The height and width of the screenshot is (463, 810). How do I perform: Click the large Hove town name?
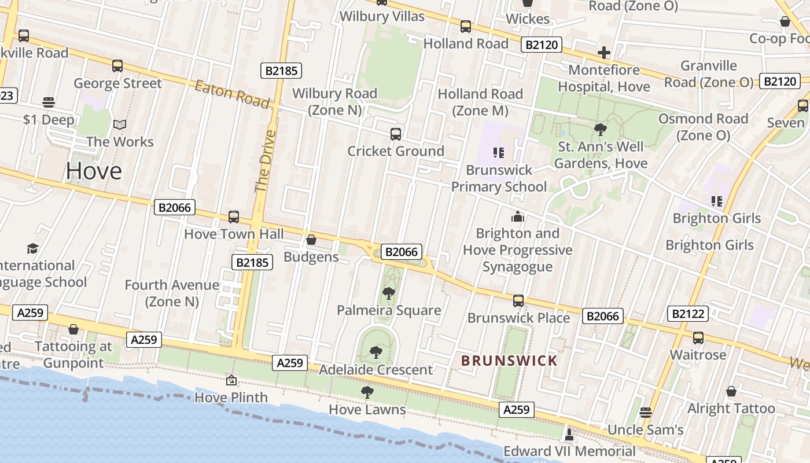pyautogui.click(x=94, y=171)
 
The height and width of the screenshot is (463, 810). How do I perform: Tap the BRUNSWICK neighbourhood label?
pyautogui.click(x=509, y=361)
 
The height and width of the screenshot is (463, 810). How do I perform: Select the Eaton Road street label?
pyautogui.click(x=232, y=95)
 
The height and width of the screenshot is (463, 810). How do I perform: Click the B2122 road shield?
pyautogui.click(x=687, y=314)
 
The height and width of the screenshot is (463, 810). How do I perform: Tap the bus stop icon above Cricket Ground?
pyautogui.click(x=396, y=134)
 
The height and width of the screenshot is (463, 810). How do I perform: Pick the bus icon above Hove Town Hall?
pyautogui.click(x=234, y=217)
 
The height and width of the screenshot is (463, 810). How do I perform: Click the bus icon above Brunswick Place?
pyautogui.click(x=518, y=301)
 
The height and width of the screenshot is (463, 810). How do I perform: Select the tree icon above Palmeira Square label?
pyautogui.click(x=389, y=293)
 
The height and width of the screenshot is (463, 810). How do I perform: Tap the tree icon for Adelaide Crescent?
pyautogui.click(x=376, y=352)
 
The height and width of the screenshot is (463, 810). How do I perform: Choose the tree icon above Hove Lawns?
pyautogui.click(x=367, y=393)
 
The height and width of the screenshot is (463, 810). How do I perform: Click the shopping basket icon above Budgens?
pyautogui.click(x=311, y=240)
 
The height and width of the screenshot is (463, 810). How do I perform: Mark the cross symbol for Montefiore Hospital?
pyautogui.click(x=604, y=53)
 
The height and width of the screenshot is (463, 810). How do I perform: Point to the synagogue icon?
pyautogui.click(x=518, y=217)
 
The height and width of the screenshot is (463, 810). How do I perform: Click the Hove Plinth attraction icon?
pyautogui.click(x=231, y=380)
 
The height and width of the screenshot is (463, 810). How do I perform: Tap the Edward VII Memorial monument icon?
pyautogui.click(x=569, y=434)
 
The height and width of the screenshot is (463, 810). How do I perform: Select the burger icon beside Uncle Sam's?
pyautogui.click(x=646, y=413)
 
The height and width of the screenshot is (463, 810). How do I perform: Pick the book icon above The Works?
pyautogui.click(x=120, y=124)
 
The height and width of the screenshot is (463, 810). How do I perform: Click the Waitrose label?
pyautogui.click(x=698, y=354)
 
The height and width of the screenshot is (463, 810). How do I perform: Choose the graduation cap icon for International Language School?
pyautogui.click(x=32, y=249)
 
